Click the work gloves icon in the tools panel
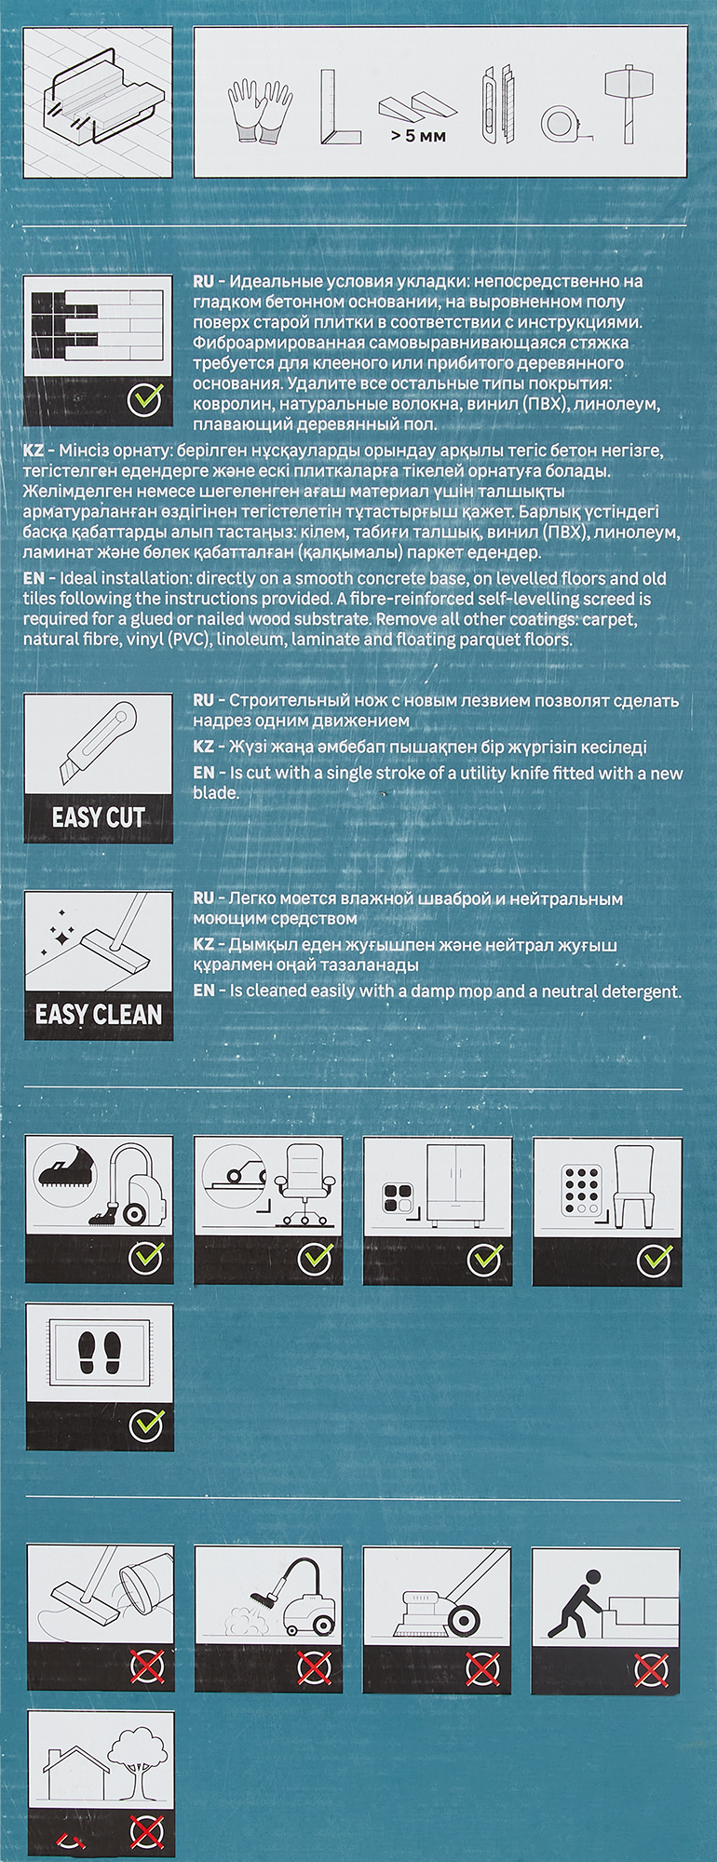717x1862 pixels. (261, 111)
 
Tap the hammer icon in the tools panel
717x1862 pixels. (626, 103)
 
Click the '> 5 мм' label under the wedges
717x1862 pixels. (418, 136)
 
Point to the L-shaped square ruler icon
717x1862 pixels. (339, 107)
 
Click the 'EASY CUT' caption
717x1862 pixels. (99, 818)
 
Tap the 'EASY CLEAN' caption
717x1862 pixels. (99, 1014)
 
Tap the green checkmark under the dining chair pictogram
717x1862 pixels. (653, 1260)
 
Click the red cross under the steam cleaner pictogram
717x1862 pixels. (315, 1667)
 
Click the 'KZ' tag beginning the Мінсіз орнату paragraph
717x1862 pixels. (34, 451)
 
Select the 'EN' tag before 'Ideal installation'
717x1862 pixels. (34, 578)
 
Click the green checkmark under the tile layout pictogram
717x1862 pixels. (145, 399)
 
